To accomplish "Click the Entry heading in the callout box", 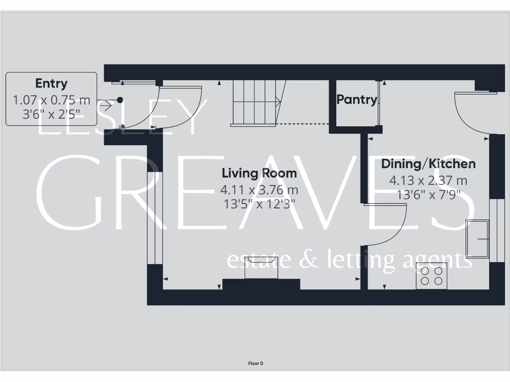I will coord(51,84).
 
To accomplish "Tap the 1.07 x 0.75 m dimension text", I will coord(51,100).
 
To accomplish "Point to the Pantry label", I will coord(357,99).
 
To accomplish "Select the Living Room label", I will coord(259,173).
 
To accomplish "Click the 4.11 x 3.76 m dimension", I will coord(259,190).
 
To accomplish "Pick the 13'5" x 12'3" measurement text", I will coord(259,203).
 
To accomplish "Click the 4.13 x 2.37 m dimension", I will coord(428,181).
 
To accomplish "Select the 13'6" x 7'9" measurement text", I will coord(428,194).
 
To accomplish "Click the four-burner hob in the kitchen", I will coord(431,276).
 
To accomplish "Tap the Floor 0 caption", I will coord(255,364).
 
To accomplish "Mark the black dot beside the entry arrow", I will coord(120,100).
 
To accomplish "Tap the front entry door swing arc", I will coord(182,107).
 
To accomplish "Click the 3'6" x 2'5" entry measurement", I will coord(51,114).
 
